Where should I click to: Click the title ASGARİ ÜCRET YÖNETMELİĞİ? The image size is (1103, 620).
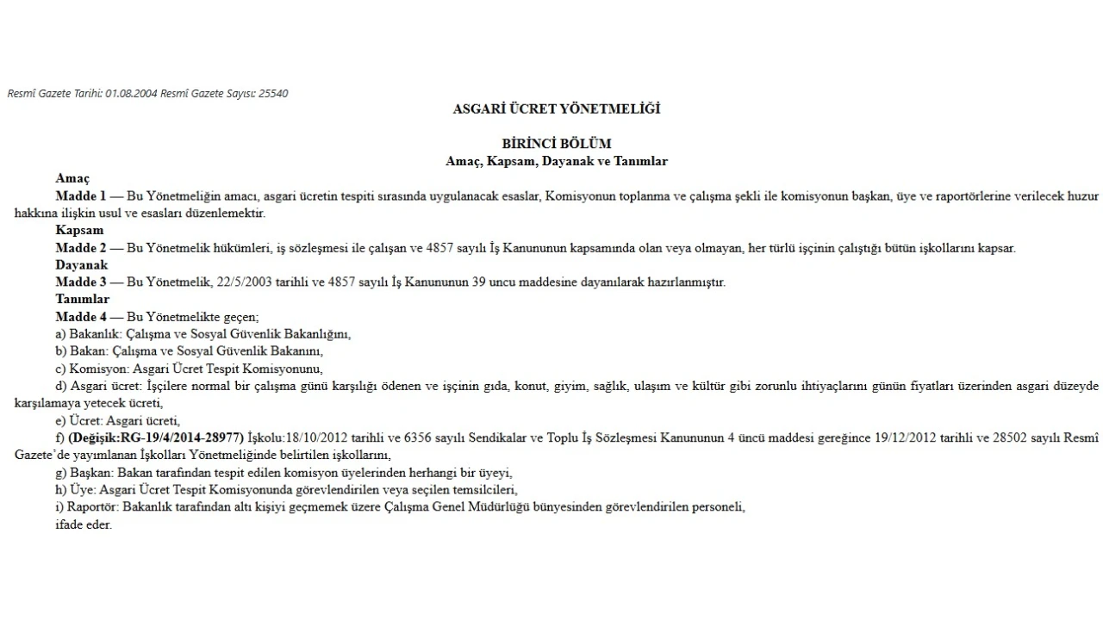(556, 109)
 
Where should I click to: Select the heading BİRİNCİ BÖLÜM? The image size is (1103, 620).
(556, 144)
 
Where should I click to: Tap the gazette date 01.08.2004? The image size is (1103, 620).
(132, 93)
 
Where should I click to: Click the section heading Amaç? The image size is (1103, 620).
(72, 178)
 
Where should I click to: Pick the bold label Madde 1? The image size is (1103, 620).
(81, 195)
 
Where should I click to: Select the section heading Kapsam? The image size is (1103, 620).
(79, 230)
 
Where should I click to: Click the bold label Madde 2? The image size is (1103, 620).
(81, 248)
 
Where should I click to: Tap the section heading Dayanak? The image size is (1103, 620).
(82, 265)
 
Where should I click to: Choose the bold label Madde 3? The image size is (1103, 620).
(81, 282)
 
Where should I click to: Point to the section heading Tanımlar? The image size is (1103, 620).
(83, 300)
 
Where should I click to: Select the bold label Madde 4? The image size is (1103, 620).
(81, 317)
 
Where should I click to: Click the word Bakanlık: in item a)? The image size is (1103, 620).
(96, 334)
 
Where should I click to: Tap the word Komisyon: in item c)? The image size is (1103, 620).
(97, 369)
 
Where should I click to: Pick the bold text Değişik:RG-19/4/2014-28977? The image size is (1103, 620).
(157, 437)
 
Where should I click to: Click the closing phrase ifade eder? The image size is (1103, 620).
(84, 524)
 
